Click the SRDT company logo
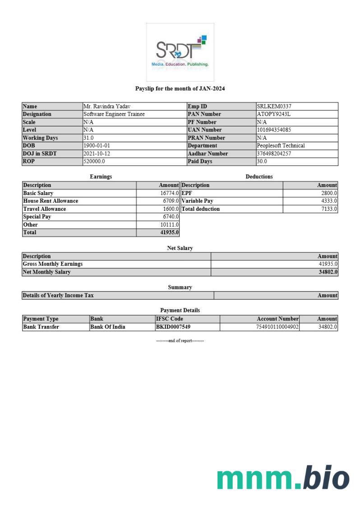[x=180, y=52]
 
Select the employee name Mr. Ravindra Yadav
[x=107, y=107]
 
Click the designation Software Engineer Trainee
[x=114, y=114]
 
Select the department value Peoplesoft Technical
[x=281, y=146]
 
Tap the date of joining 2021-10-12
[x=97, y=153]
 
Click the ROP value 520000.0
[x=94, y=162]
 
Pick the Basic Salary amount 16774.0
[x=170, y=193]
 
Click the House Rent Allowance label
[x=51, y=201]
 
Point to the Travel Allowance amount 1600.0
[x=171, y=209]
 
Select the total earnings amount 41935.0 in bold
[x=170, y=232]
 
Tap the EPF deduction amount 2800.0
[x=329, y=193]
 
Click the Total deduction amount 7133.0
[x=329, y=209]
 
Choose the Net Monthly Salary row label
[x=47, y=272]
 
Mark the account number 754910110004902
[x=277, y=327]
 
